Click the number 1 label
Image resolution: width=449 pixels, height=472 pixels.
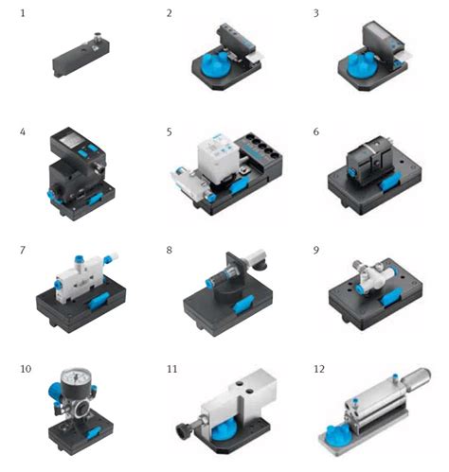(x=23, y=13)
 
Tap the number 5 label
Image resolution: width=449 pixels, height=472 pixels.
(x=170, y=131)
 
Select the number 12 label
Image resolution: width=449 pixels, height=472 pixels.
(x=319, y=369)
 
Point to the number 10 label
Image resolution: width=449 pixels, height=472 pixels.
(x=26, y=369)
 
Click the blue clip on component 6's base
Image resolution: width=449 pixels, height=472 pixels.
(x=390, y=184)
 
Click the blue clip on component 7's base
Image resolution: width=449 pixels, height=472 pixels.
(x=99, y=302)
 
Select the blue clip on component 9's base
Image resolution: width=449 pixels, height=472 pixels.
(x=390, y=298)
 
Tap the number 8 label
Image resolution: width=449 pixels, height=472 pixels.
(x=170, y=251)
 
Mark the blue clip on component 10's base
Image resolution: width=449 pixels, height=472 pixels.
(x=94, y=432)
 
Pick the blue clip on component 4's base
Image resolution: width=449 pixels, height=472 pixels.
(x=96, y=199)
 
